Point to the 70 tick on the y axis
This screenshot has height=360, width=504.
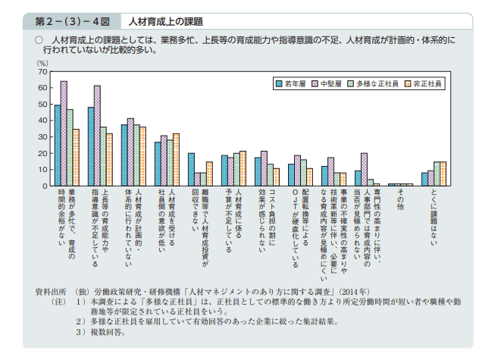click(43, 71)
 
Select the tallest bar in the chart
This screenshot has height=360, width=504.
click(64, 133)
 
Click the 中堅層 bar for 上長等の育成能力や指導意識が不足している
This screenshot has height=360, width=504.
click(97, 136)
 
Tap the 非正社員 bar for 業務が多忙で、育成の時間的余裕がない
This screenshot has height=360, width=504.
click(76, 158)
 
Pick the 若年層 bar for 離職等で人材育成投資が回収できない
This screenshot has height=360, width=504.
click(191, 169)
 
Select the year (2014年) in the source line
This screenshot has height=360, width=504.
click(353, 291)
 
